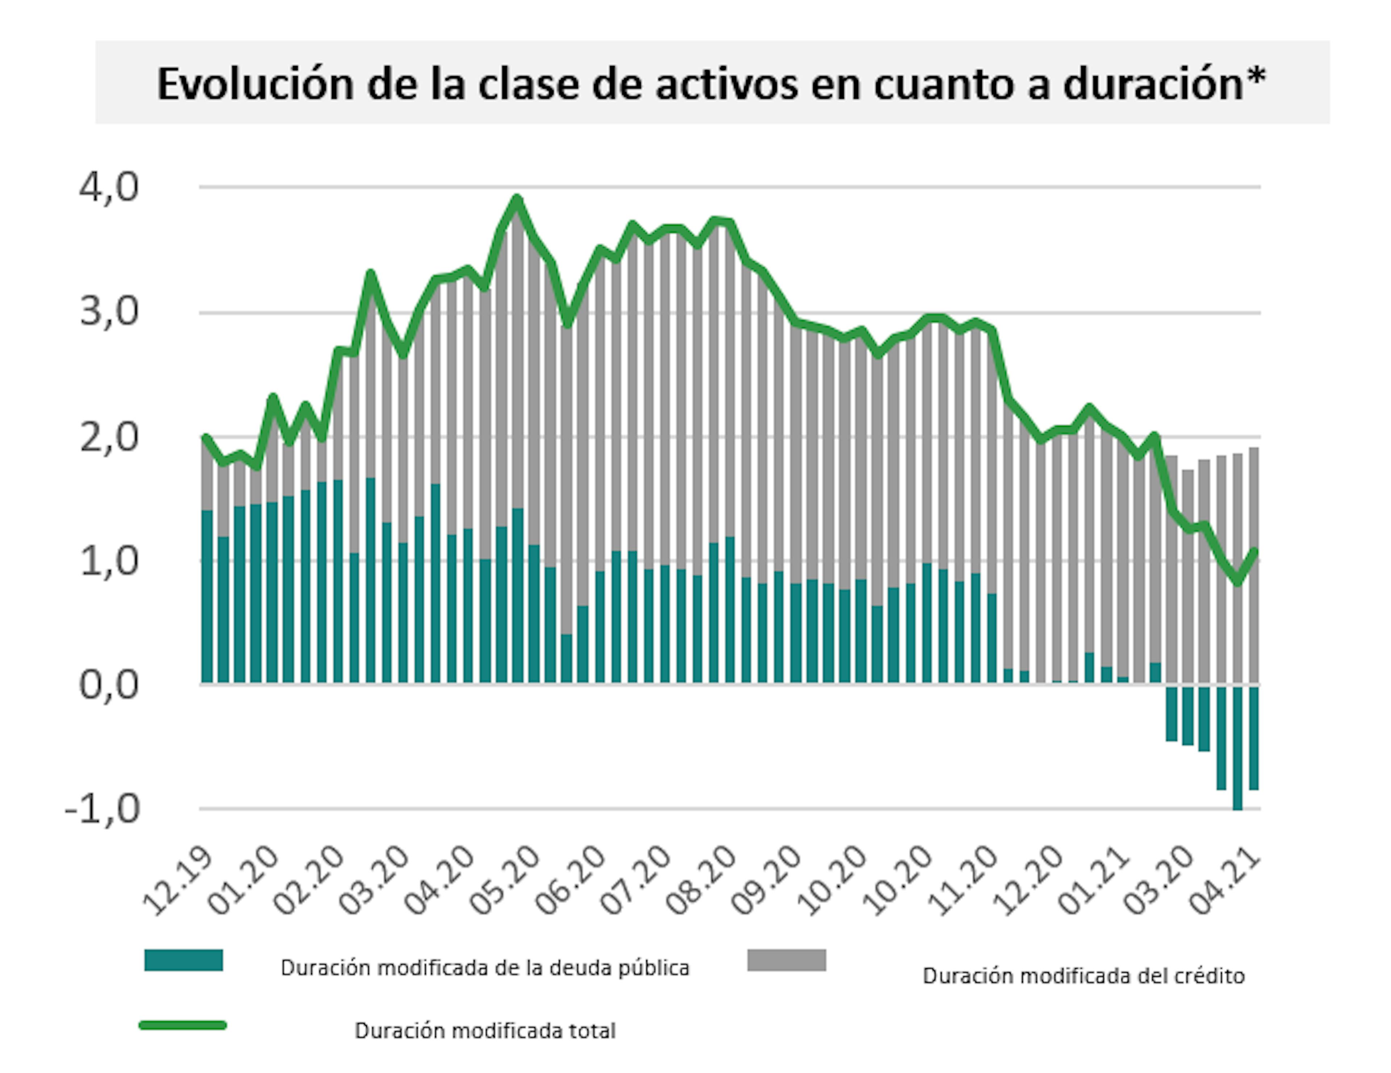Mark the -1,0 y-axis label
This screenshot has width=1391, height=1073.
point(102,810)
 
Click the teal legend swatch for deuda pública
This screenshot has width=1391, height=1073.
point(183,960)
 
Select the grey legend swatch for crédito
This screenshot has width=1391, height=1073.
point(786,960)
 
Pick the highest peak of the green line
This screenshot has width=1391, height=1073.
point(517,198)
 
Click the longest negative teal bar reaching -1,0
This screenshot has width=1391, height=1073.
point(1237,747)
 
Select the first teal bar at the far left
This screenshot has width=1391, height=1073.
point(207,596)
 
